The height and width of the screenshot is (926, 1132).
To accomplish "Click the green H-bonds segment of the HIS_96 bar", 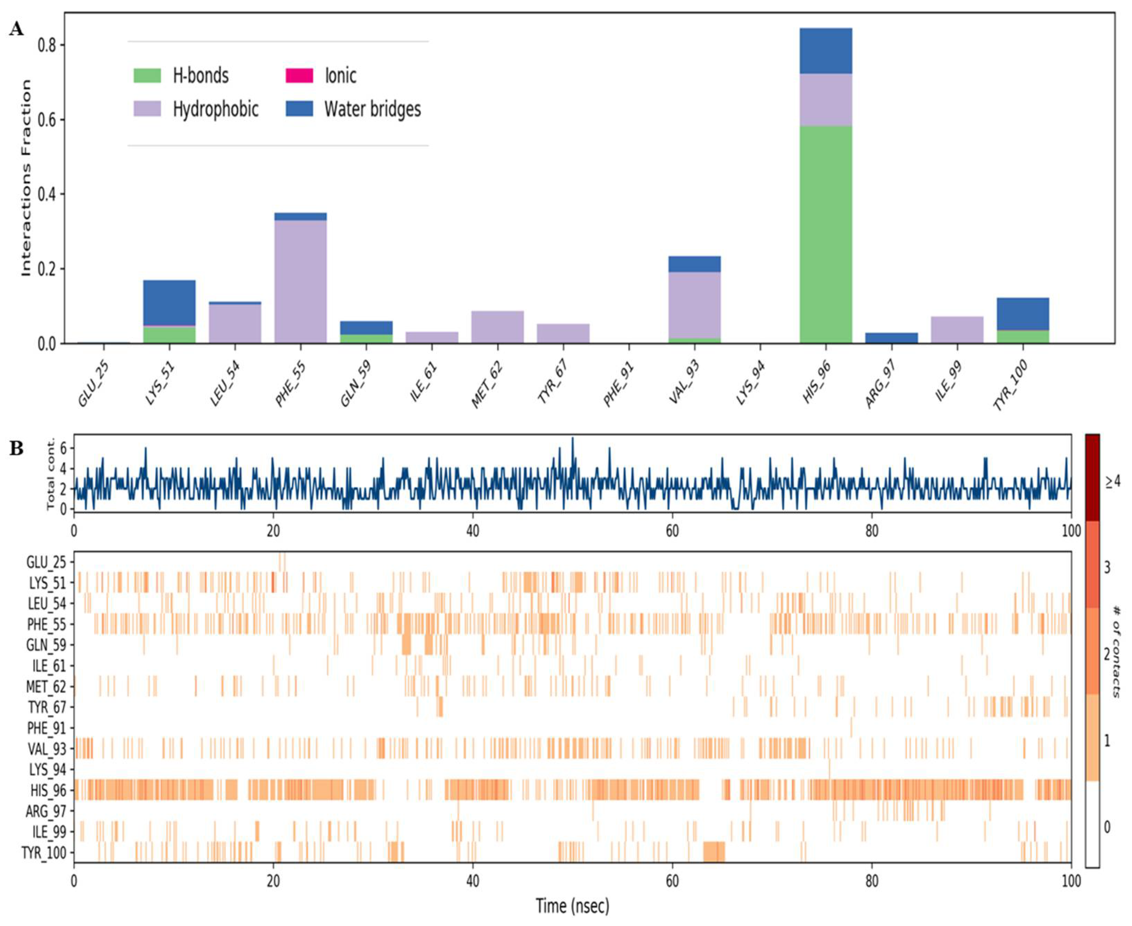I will coord(825,235).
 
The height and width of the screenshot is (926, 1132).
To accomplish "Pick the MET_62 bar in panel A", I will coord(497,327).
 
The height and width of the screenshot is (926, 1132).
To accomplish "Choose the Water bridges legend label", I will coord(372,109).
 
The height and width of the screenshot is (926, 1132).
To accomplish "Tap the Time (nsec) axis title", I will coord(572,906).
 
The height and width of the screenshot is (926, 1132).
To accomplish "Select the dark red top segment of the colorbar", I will coord(1092,477).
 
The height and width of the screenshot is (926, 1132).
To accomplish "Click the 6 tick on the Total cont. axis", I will coord(63,449).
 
